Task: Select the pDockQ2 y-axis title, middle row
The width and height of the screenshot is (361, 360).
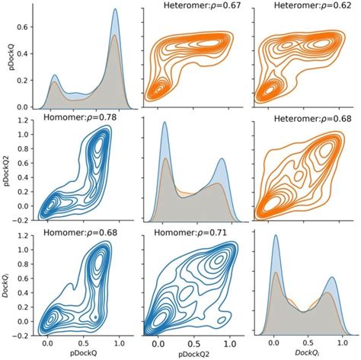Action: pos(6,170)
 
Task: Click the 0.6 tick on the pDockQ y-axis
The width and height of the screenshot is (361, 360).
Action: pos(23,26)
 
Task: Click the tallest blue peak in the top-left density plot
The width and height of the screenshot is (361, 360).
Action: pos(115,10)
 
